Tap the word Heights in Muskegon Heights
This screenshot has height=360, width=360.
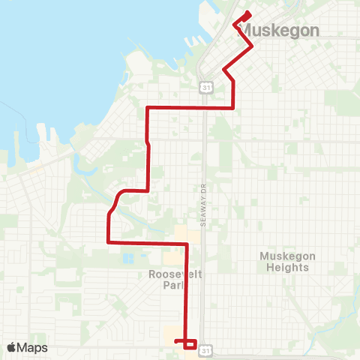(284, 267)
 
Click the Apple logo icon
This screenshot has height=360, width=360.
(12, 347)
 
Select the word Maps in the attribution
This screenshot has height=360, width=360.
(33, 347)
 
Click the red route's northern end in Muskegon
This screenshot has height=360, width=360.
(247, 14)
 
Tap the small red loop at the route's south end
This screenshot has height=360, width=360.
(190, 343)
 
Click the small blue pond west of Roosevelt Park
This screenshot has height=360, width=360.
(127, 258)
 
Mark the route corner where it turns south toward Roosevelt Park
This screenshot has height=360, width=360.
(185, 244)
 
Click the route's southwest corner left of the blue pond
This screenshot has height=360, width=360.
(109, 242)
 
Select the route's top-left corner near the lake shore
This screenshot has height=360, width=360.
(146, 109)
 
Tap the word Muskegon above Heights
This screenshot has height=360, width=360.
(284, 256)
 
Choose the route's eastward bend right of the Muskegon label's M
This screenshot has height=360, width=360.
(250, 46)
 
